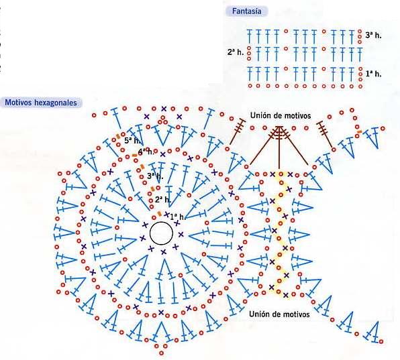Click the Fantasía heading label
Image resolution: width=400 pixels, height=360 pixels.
[x=247, y=11]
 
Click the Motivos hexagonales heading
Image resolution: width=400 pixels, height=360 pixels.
[x=41, y=103]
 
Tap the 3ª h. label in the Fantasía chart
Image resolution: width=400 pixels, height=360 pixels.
[x=373, y=35]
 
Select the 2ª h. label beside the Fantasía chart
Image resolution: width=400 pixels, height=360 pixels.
[x=236, y=52]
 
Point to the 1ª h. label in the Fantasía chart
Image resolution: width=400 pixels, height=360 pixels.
[x=373, y=74]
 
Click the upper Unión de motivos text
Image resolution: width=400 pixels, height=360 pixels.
[x=281, y=116]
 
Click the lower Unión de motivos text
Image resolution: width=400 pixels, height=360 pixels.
[x=279, y=314]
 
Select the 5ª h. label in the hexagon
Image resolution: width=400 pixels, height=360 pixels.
[x=132, y=140]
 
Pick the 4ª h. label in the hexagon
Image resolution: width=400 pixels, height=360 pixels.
[x=146, y=152]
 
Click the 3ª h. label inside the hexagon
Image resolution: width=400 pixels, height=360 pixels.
[x=155, y=176]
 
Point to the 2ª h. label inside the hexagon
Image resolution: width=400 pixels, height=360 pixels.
[x=163, y=199]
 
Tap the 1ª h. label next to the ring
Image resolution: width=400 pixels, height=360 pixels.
[x=178, y=217]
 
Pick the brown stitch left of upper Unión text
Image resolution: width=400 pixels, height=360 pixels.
[x=237, y=131]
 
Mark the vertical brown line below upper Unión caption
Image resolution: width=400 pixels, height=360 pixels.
[x=279, y=147]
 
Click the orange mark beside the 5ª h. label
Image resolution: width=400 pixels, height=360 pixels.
[x=118, y=136]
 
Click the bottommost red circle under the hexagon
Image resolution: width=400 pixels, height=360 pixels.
[x=161, y=353]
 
